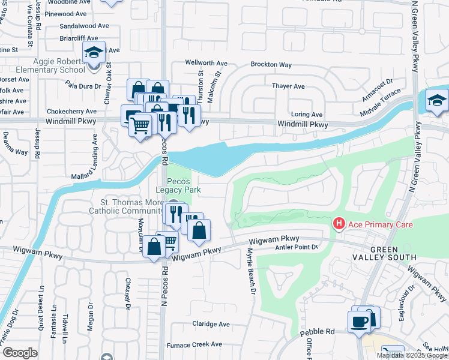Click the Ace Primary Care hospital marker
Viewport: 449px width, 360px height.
click(339, 224)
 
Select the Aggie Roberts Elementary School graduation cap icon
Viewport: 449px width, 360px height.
click(94, 53)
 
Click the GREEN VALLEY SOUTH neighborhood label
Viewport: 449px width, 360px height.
click(393, 253)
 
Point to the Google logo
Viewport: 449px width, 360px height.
click(20, 353)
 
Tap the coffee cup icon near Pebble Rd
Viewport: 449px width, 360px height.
click(360, 322)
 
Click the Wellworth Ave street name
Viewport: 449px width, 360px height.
click(206, 62)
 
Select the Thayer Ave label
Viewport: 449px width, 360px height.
click(288, 86)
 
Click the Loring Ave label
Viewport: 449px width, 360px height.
click(307, 114)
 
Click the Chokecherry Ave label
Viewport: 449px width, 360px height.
click(71, 111)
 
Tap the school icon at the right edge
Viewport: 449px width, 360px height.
click(436, 101)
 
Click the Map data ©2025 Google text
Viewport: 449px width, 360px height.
click(412, 355)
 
